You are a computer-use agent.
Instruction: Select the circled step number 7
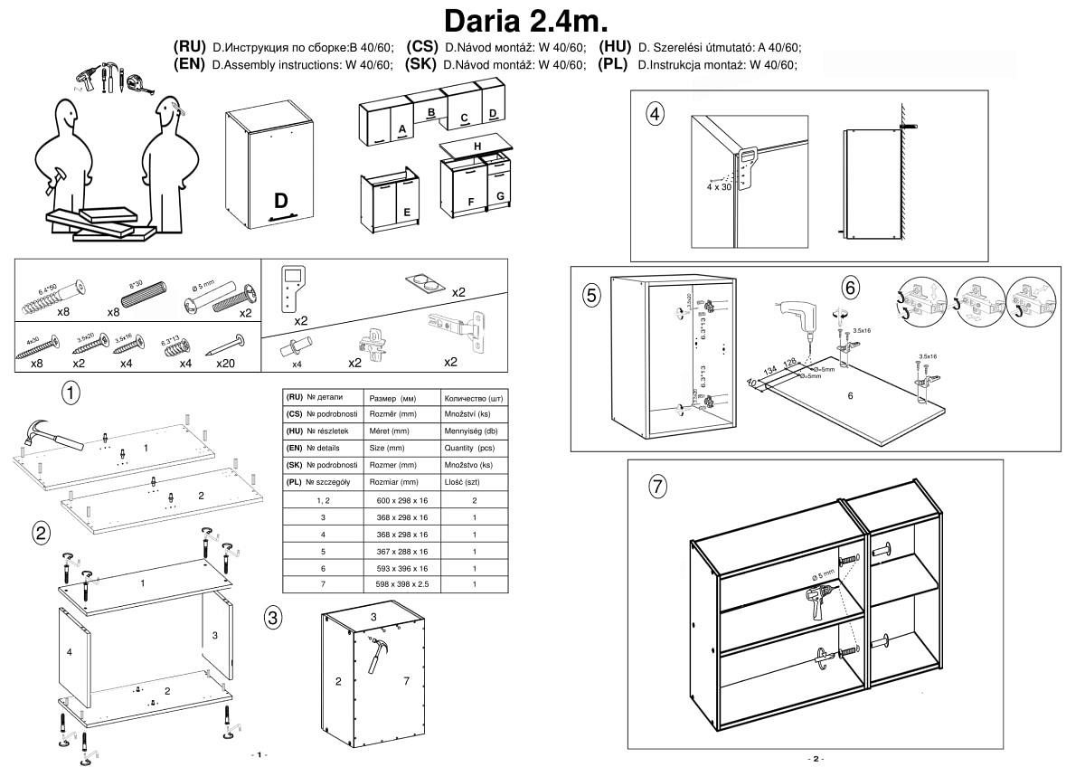(x=657, y=486)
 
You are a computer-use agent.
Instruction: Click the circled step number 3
(x=273, y=618)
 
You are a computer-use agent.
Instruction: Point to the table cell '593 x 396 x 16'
(x=401, y=568)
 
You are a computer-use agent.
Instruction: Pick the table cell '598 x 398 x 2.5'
(x=401, y=585)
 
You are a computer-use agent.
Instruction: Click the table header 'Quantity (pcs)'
(x=467, y=448)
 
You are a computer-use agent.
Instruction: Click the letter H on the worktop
(x=476, y=147)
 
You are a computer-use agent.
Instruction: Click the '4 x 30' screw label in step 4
(x=720, y=187)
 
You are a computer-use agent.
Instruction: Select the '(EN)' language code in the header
(x=190, y=64)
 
